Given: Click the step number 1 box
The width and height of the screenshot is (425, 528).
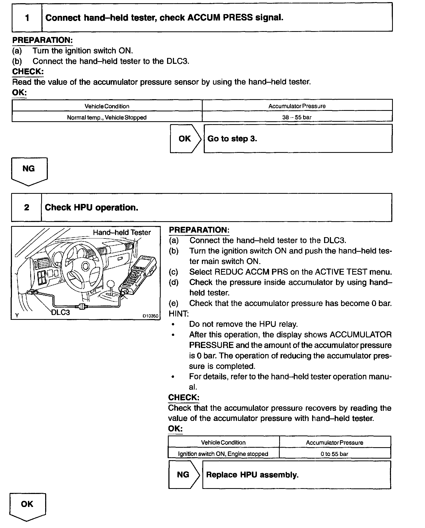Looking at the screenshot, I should [27, 18].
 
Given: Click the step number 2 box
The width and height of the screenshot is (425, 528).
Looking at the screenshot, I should [27, 207].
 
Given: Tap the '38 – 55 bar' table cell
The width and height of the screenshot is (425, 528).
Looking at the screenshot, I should [297, 117].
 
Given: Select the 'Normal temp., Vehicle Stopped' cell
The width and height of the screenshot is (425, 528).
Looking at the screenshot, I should [107, 117].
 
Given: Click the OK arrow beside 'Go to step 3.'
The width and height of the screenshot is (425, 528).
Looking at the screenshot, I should [185, 139].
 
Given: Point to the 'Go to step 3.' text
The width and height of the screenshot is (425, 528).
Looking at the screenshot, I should [232, 139].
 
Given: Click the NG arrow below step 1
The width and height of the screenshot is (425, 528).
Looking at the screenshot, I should [29, 170].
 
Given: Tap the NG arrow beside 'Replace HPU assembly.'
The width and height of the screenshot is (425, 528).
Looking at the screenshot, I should [184, 475].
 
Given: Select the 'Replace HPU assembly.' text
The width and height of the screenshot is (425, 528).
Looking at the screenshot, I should [252, 475].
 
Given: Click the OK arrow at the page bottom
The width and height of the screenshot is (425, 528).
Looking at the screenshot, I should [27, 505].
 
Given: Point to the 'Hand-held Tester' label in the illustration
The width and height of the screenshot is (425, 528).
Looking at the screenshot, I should [122, 232].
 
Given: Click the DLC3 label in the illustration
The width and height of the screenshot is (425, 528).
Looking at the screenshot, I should [61, 312].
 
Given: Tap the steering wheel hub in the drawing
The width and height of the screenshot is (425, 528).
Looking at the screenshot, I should [86, 266].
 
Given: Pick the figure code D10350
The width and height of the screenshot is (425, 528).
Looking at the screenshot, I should [150, 316].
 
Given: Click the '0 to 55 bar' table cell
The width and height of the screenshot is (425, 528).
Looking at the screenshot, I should [334, 454].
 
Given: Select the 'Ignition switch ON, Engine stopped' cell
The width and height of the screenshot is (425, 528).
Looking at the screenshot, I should [223, 454].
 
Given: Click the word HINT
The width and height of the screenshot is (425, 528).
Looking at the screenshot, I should [178, 314].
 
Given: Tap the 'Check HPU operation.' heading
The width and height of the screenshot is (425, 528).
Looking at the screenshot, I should [92, 207].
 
